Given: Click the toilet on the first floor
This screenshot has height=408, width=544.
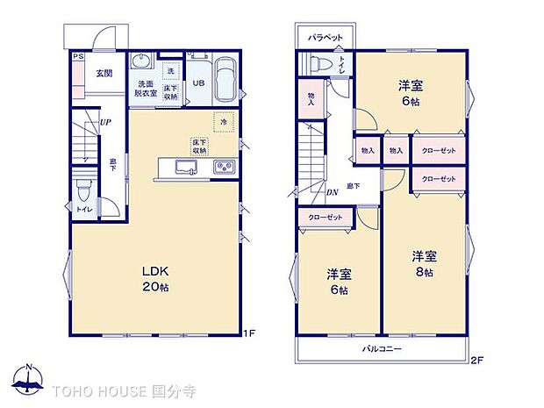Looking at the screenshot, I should click(x=82, y=190).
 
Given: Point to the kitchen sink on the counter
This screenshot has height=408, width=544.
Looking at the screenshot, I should click(x=186, y=167).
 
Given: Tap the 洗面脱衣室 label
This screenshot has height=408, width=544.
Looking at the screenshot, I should click(x=145, y=88).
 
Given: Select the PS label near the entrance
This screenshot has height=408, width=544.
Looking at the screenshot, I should click(x=78, y=57).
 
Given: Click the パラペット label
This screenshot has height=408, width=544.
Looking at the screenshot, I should click(x=324, y=39).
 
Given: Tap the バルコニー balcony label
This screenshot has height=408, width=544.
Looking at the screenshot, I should click(x=383, y=348).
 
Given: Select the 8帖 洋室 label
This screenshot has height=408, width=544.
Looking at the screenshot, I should click(x=426, y=264).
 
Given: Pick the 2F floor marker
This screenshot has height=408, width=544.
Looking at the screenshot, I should click(x=476, y=360).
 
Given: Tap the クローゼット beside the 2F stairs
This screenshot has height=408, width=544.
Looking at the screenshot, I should click(x=326, y=217).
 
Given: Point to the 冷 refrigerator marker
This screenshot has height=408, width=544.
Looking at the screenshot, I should click(x=223, y=124).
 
